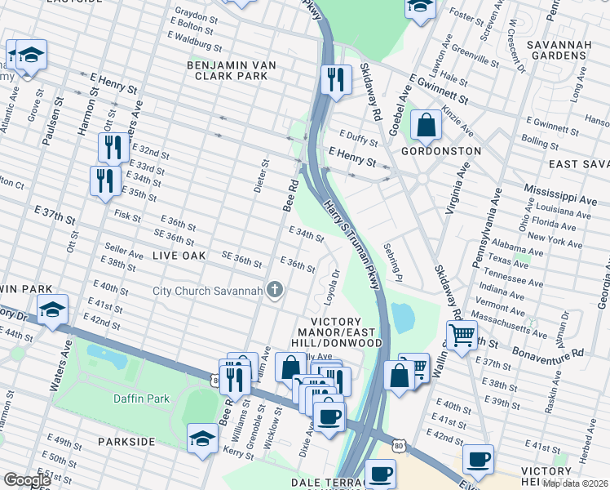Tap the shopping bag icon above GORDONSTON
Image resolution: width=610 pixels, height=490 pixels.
(x=426, y=126)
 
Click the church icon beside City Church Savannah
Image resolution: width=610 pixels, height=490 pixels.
(x=276, y=290)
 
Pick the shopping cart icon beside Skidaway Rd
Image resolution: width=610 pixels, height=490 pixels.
(x=462, y=334)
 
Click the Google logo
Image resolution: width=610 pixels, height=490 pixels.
(x=27, y=480)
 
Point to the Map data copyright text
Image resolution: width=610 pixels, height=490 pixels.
(x=576, y=483)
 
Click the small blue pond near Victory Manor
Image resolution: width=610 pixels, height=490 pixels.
(x=402, y=317)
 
